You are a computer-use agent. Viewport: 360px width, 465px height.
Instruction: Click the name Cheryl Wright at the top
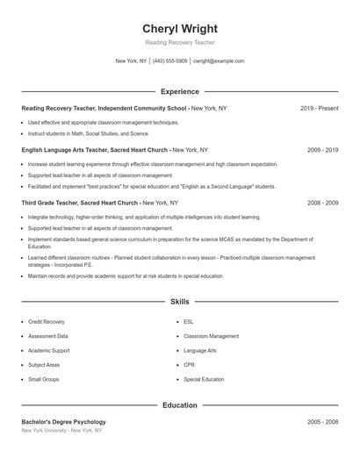[x=180, y=28]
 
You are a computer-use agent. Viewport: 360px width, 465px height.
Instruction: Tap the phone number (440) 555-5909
[x=170, y=61]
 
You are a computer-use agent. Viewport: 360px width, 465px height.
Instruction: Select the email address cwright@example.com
[x=219, y=61]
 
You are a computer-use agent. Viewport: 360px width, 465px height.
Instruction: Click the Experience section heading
[x=180, y=91]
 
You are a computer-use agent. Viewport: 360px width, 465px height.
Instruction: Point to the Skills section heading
[x=180, y=301]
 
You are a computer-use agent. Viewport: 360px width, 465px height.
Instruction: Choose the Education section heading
[x=180, y=405]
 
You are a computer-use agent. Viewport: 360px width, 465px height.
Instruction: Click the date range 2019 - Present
[x=319, y=108]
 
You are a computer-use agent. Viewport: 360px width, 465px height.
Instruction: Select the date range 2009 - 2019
[x=322, y=150]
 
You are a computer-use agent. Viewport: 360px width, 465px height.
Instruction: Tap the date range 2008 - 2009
[x=322, y=203]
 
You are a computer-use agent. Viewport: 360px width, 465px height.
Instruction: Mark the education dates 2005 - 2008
[x=322, y=422]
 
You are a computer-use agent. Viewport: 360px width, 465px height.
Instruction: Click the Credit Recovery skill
[x=47, y=322]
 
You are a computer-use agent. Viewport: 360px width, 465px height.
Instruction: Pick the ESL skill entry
[x=189, y=322]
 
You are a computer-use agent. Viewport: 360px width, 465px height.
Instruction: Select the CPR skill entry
[x=189, y=365]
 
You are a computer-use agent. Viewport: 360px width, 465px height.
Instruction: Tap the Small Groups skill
[x=44, y=380]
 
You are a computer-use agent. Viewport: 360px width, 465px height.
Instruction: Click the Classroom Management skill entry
[x=211, y=336]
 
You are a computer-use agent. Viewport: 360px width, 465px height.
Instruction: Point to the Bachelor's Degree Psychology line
[x=63, y=422]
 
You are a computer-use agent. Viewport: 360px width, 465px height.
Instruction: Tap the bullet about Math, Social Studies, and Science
[x=88, y=133]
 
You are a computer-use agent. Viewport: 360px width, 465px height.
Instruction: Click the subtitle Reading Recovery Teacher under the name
[x=180, y=42]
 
